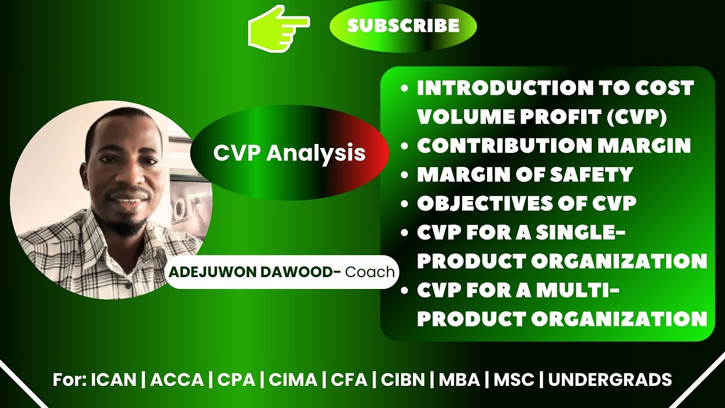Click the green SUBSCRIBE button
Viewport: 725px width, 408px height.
(x=403, y=25)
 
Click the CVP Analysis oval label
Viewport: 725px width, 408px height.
(x=289, y=153)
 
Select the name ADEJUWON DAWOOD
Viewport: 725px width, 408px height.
(x=251, y=272)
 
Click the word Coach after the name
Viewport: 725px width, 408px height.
(x=370, y=272)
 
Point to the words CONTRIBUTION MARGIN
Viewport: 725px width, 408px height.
(x=554, y=146)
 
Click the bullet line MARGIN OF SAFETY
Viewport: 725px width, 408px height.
(x=524, y=175)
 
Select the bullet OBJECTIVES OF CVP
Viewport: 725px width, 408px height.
(x=527, y=203)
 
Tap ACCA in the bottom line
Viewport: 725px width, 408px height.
(x=177, y=379)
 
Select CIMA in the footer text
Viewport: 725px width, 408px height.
(x=292, y=379)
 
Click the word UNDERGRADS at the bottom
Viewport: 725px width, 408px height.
(x=610, y=379)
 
